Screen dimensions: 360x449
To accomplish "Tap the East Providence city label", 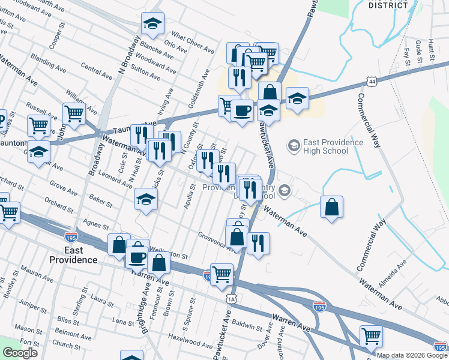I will tap(73, 255).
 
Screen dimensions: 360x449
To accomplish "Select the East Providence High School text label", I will tap(333, 146).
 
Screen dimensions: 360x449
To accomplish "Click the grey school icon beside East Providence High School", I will tap(294, 145).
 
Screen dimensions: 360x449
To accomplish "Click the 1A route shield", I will tap(232, 298).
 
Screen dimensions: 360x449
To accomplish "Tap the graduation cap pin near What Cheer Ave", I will tap(152, 24).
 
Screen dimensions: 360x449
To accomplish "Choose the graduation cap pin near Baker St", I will tap(145, 200).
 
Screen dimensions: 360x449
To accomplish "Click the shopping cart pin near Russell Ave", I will tap(74, 113).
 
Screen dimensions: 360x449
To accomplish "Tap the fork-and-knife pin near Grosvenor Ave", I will tap(258, 243).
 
